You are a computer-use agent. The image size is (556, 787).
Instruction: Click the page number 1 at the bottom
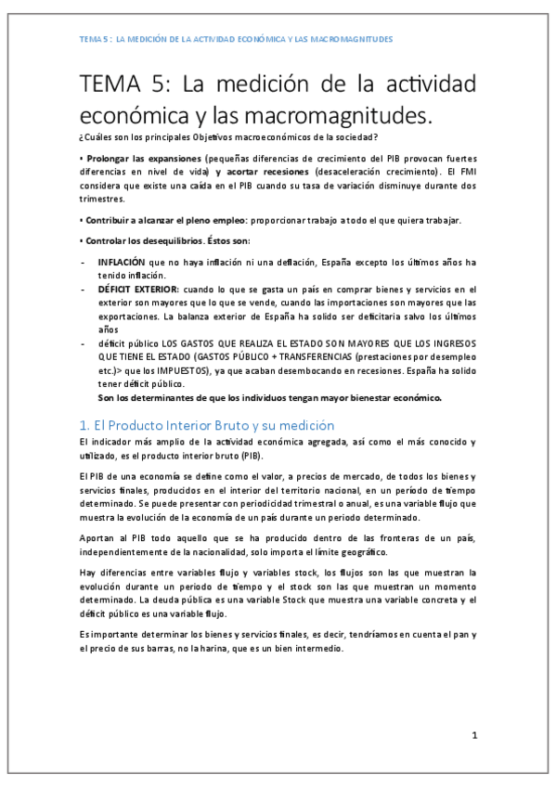click(x=473, y=736)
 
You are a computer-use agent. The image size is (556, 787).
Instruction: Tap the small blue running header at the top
click(x=236, y=39)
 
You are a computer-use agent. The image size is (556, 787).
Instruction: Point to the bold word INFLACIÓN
click(x=122, y=263)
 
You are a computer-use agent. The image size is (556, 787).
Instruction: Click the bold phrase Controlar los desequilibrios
click(x=142, y=241)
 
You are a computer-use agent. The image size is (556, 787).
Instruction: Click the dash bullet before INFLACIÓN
click(x=84, y=263)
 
